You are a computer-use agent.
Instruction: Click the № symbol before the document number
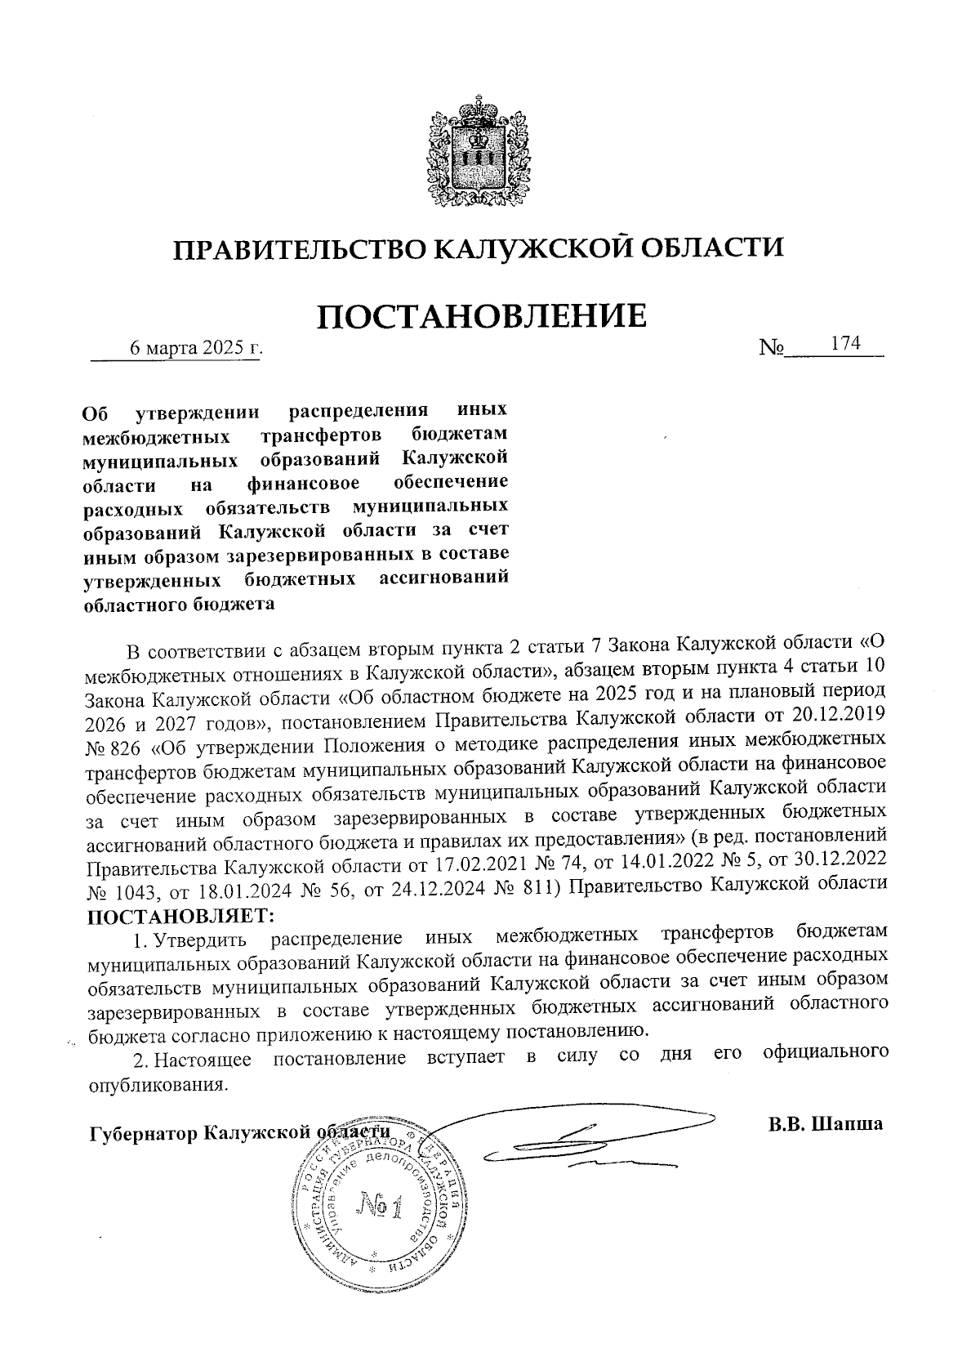coord(771,348)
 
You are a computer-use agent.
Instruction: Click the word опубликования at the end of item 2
coord(155,1087)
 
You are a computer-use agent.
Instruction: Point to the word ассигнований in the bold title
coord(445,579)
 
